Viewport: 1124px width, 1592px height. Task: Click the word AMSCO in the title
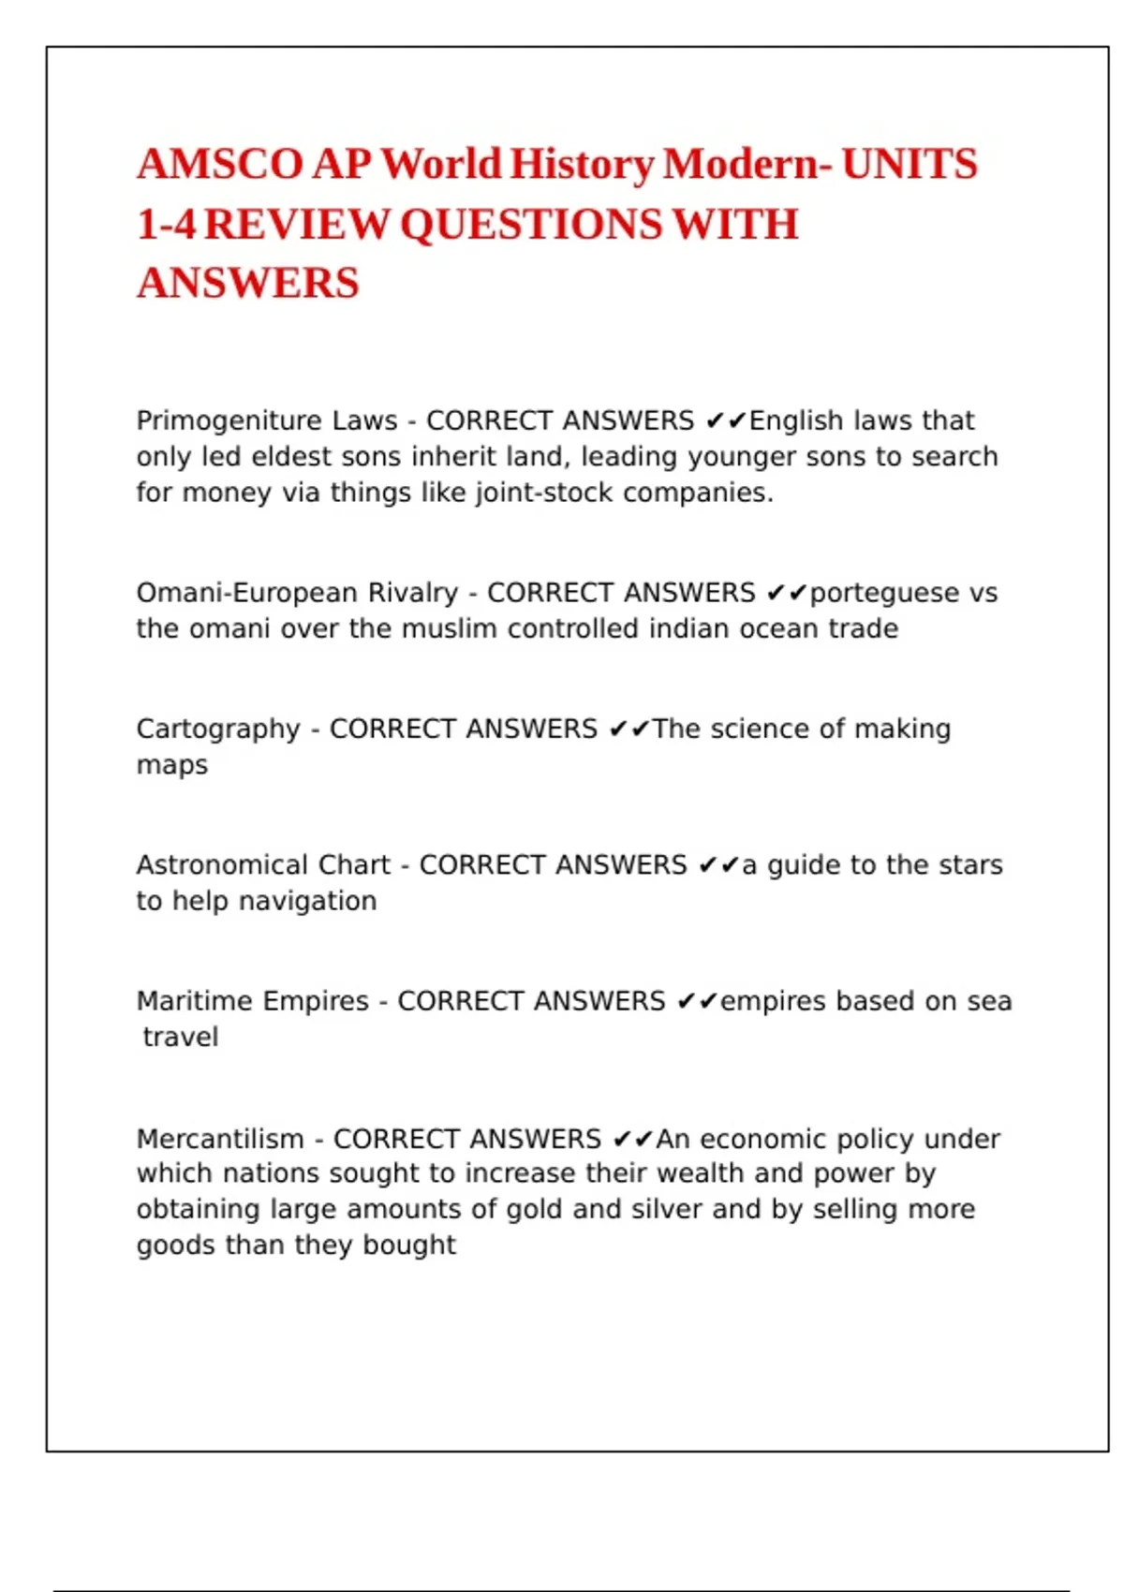[x=220, y=165]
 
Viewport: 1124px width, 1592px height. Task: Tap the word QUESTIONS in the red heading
[x=531, y=225]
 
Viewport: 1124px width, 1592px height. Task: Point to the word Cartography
[x=218, y=730]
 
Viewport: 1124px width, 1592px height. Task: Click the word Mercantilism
[x=220, y=1139]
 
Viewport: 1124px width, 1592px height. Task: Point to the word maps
[x=172, y=765]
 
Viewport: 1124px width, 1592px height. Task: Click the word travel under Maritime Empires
[x=180, y=1038]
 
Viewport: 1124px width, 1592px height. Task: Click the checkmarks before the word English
[x=726, y=421]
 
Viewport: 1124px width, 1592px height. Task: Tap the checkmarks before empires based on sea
[x=697, y=1002]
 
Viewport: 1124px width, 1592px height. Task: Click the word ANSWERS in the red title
[x=248, y=284]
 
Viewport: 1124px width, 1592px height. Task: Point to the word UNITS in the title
[x=910, y=165]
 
